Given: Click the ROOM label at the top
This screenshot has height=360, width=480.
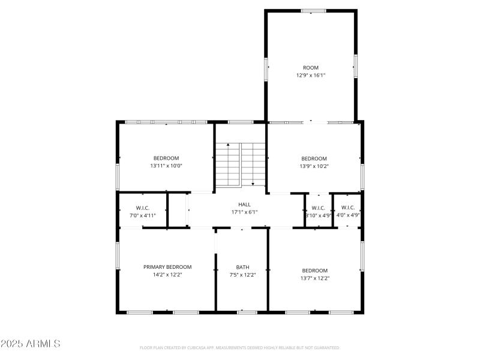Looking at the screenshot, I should [310, 68].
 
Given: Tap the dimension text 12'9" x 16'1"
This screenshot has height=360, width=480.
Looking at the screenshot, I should [310, 76].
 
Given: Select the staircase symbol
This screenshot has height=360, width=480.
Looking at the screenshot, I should [240, 164].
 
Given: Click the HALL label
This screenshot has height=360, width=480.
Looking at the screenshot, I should [244, 205].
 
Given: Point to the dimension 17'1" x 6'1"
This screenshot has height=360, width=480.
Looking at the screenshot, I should [244, 212].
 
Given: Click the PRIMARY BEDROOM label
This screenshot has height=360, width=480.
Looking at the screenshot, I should [167, 267].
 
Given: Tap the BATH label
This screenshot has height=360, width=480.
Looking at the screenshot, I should [242, 267].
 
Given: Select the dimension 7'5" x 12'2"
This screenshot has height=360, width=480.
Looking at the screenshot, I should [242, 275].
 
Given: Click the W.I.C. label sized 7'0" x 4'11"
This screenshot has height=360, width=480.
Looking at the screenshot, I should [142, 208].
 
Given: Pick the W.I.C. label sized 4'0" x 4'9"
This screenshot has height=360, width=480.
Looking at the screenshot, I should [348, 208].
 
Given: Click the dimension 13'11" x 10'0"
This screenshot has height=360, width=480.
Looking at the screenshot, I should [166, 166].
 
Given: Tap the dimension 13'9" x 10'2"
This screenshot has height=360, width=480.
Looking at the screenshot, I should [314, 166].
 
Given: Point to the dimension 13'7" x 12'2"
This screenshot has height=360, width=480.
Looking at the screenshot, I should [314, 278].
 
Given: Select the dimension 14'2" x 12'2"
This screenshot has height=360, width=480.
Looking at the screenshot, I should [167, 275].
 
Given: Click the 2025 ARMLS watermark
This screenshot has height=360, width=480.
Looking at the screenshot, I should [31, 344].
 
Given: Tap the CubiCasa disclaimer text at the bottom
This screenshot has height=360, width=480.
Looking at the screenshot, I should [239, 347].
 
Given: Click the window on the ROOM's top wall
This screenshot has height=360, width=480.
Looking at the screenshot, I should [313, 10].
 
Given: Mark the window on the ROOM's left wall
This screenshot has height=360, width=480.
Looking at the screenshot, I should [266, 68].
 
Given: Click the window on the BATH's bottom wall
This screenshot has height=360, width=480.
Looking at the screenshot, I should [247, 312].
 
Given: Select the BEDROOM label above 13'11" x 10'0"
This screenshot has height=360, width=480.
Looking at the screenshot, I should [166, 158].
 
